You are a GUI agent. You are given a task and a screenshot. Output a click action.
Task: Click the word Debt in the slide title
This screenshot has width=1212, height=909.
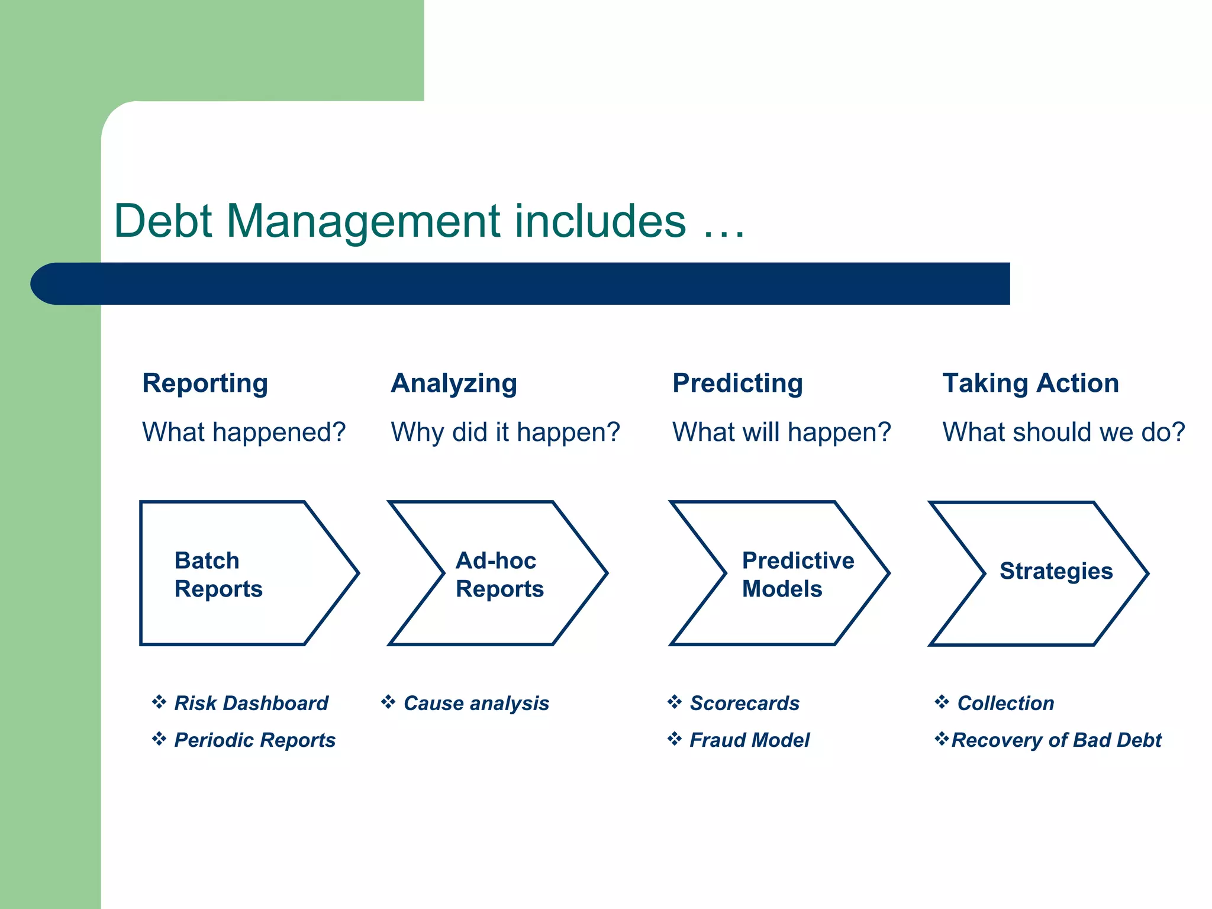click(163, 221)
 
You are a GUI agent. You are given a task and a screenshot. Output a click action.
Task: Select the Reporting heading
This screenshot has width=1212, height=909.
click(205, 383)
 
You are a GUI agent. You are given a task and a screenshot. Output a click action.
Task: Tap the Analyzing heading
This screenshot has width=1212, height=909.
click(454, 383)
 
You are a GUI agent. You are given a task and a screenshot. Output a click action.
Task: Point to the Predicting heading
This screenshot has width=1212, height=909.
click(737, 383)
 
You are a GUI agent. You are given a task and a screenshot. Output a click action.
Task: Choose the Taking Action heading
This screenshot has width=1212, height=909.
click(1030, 383)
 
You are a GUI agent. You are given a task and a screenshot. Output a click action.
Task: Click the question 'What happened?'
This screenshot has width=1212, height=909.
click(244, 432)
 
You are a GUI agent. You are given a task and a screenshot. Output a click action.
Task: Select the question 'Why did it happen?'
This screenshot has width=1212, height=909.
click(505, 432)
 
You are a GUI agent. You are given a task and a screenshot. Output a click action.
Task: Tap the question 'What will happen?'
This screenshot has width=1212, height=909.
click(782, 432)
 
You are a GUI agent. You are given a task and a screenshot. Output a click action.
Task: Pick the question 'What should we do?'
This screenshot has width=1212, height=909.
click(1063, 432)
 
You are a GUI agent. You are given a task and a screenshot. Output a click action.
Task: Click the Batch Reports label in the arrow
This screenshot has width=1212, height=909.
click(218, 574)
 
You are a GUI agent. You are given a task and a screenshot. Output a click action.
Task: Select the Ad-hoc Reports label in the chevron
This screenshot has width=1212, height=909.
click(499, 574)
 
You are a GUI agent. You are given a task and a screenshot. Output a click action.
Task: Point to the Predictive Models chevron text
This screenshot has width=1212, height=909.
click(797, 574)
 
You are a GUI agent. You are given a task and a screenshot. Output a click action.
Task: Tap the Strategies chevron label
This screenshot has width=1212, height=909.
click(1056, 571)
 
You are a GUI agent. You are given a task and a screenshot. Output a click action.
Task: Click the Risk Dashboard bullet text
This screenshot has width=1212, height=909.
click(251, 703)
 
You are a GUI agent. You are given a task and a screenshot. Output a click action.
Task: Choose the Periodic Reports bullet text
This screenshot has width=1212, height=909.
click(254, 740)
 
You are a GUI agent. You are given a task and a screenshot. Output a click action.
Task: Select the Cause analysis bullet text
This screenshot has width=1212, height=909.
click(476, 703)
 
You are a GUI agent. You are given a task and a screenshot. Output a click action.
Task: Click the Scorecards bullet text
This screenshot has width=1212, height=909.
click(744, 703)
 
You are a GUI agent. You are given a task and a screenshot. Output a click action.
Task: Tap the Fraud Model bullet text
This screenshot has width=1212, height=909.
click(749, 740)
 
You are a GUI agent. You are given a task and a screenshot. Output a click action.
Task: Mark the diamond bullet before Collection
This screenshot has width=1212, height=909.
click(942, 702)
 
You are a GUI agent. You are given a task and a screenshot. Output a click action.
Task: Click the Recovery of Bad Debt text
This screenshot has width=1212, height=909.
click(1056, 740)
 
